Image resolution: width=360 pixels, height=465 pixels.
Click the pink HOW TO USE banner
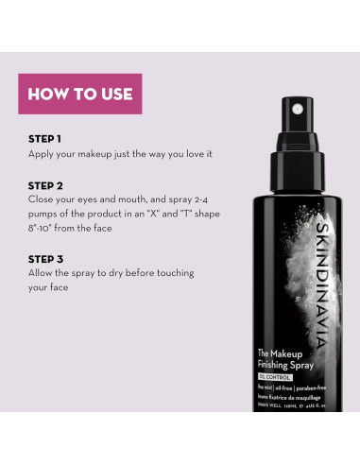click(80, 94)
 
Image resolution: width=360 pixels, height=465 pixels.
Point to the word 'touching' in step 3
click(173, 272)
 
